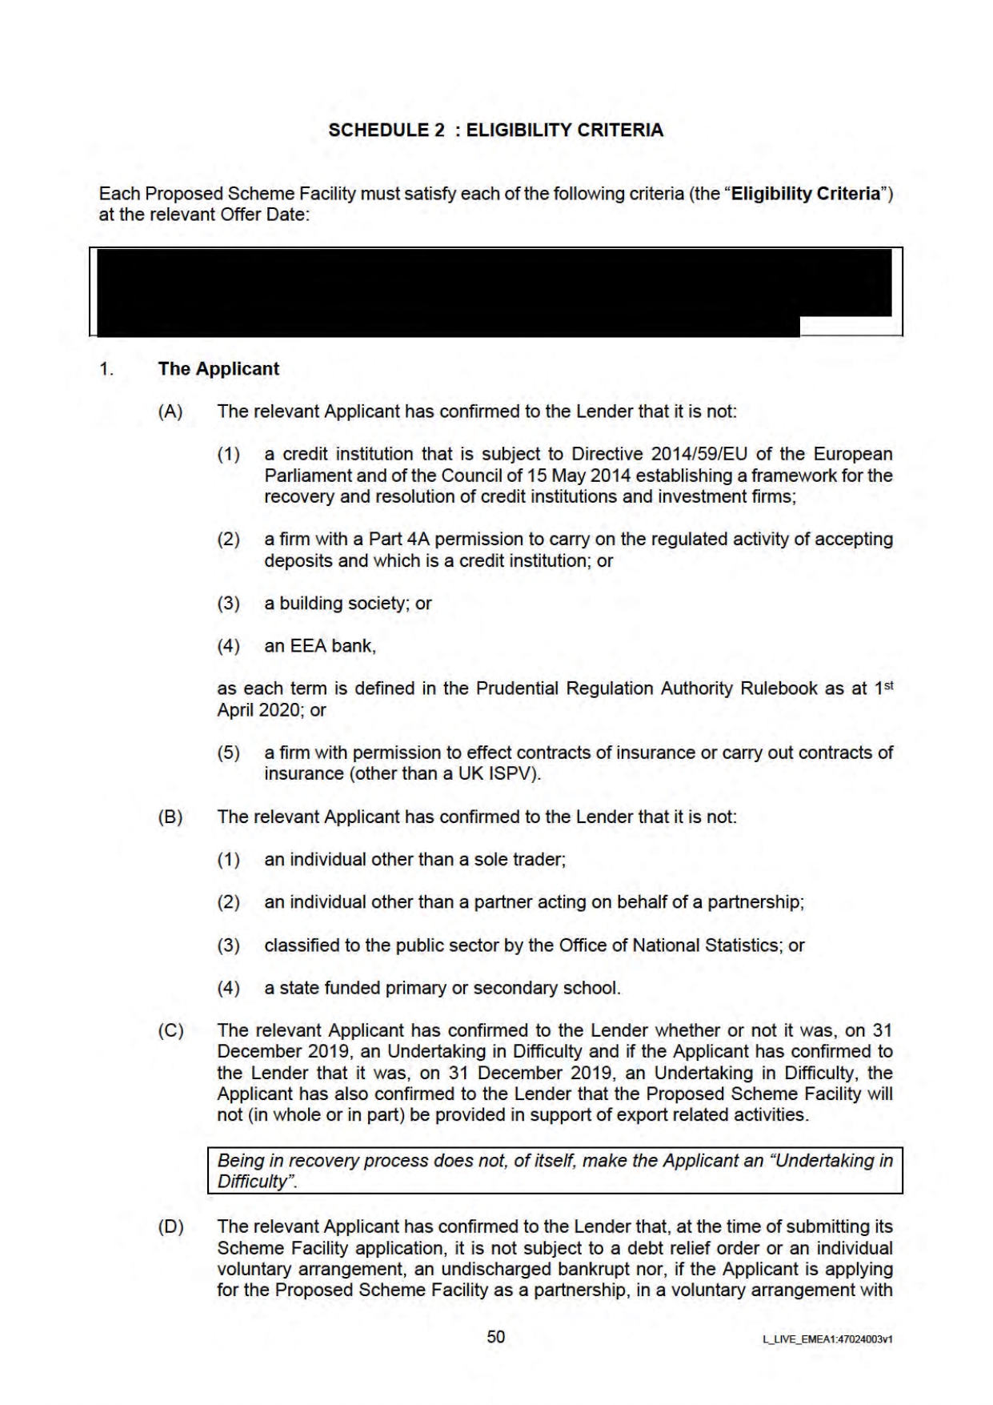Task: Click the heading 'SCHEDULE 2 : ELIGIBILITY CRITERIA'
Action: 495,130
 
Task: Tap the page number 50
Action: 496,1337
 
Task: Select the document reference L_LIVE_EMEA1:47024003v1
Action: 827,1339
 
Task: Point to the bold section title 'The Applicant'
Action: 218,369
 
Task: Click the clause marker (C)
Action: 170,1030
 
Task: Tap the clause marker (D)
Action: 170,1227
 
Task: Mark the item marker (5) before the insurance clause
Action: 228,753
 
